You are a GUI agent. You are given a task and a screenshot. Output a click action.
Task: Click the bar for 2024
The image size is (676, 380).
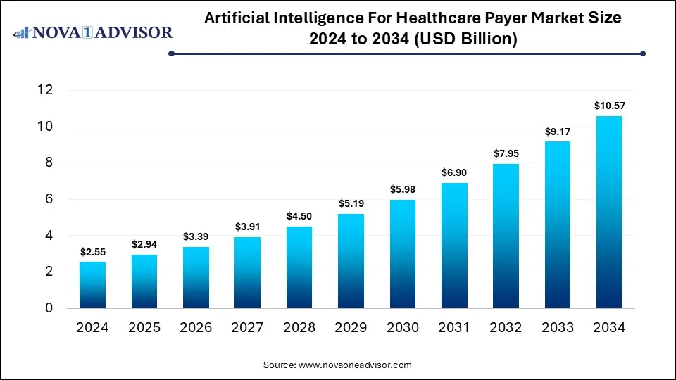click(92, 285)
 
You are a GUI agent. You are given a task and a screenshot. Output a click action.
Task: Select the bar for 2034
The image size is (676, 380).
click(610, 212)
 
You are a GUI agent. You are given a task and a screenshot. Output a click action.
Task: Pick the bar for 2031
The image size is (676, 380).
click(454, 246)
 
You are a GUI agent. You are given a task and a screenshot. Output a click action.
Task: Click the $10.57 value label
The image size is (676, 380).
click(610, 106)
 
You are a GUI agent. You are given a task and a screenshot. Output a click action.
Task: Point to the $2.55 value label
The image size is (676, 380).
click(92, 251)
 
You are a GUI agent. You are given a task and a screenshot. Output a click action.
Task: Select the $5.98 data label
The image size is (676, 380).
click(403, 189)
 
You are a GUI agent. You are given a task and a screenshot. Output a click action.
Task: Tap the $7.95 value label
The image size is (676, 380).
click(506, 153)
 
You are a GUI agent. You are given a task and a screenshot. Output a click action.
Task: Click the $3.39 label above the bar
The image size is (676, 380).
click(196, 236)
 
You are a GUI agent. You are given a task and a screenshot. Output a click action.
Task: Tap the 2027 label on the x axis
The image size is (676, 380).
click(247, 327)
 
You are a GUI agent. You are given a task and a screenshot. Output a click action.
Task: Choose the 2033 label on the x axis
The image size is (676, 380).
click(558, 327)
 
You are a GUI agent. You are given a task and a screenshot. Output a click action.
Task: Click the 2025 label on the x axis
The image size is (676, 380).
click(144, 327)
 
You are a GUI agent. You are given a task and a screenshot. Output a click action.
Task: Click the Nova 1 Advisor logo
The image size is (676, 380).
click(93, 32)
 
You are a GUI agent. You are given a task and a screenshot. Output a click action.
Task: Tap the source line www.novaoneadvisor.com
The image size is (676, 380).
click(337, 365)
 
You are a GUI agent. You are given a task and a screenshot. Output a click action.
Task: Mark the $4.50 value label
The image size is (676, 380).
click(299, 216)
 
